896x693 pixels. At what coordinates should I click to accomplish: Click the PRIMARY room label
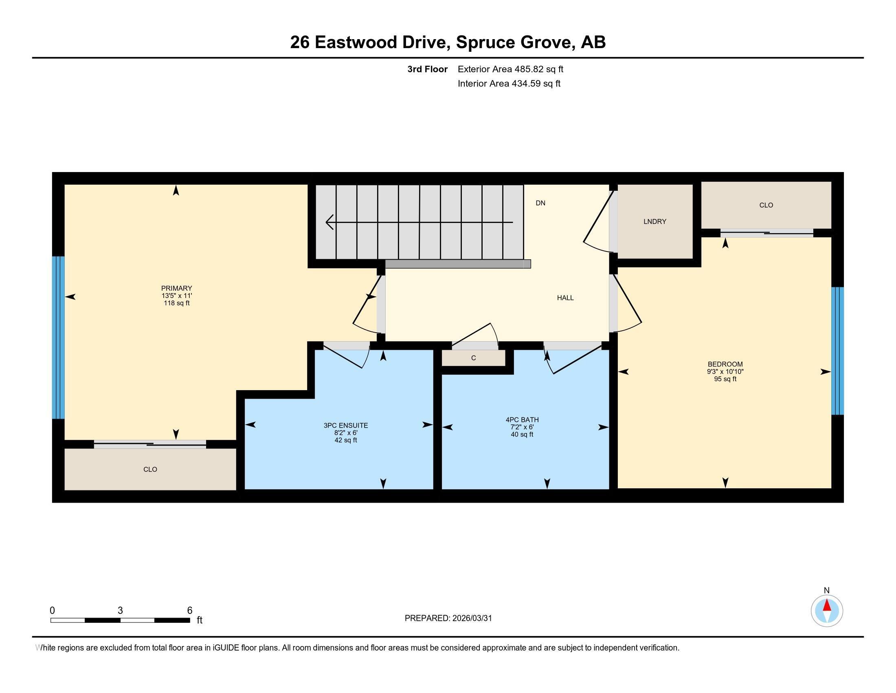point(176,288)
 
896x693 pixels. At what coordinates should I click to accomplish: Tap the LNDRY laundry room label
point(655,222)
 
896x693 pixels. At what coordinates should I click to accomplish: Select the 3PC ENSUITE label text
point(345,426)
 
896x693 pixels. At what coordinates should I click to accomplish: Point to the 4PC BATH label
point(522,420)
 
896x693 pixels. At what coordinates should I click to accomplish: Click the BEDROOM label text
point(725,364)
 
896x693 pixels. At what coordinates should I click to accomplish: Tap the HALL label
point(565,298)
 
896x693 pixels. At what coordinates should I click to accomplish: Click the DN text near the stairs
point(540,203)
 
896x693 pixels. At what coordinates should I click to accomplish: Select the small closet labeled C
point(473,358)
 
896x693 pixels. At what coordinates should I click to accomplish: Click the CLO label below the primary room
point(150,469)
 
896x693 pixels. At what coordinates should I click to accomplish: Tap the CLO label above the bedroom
point(766,205)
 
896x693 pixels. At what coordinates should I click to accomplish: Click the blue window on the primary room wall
point(59,337)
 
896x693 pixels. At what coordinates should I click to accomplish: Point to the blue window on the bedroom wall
point(837,351)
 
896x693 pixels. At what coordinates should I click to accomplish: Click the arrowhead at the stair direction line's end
point(329,222)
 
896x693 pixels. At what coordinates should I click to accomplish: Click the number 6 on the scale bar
point(189,611)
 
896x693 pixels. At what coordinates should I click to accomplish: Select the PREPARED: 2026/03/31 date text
point(448,618)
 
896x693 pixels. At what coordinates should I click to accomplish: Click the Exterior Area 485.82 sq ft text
point(510,69)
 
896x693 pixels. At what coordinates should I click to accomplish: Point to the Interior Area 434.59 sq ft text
point(509,84)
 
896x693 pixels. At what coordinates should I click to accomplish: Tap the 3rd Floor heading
point(427,69)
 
